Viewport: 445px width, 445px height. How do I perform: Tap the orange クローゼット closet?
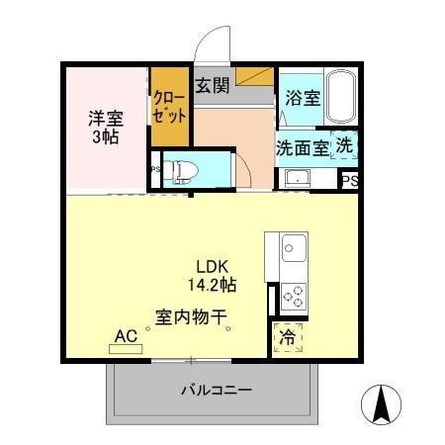point(169,107)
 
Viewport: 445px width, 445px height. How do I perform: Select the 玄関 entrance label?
point(212,85)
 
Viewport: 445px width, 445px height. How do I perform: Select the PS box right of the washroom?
point(349,180)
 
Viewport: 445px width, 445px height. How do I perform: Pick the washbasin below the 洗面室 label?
point(296,178)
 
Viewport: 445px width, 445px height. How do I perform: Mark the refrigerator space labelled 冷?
point(288,336)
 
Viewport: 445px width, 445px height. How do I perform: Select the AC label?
point(126,336)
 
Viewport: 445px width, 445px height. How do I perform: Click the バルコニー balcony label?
point(216,390)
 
